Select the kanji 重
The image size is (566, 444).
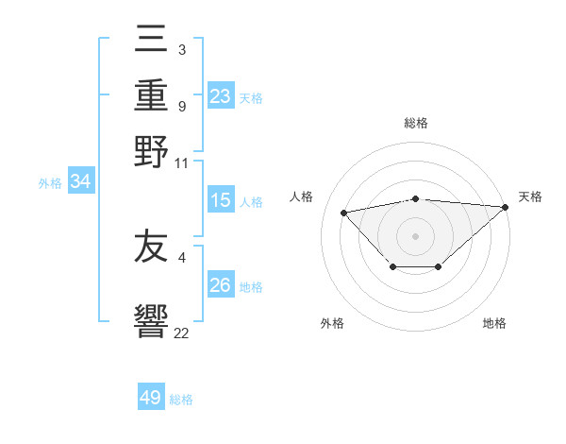(x=151, y=97)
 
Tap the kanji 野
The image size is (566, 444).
(x=151, y=151)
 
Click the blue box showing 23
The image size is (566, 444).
(x=221, y=96)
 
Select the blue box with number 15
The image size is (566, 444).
(x=221, y=200)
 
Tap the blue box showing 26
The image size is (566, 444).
(x=221, y=285)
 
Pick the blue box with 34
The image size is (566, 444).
(x=80, y=181)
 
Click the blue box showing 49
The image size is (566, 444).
(x=151, y=398)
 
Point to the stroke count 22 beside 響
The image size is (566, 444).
(x=181, y=333)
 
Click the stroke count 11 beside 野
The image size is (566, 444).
(x=181, y=163)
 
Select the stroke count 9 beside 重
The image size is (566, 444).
(x=181, y=106)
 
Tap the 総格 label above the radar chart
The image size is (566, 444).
(x=415, y=123)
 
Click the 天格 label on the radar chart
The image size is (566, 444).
(x=530, y=196)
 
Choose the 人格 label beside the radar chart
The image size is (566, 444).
(x=302, y=196)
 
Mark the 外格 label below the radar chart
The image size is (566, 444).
(x=332, y=323)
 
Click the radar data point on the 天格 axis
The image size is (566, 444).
(x=506, y=207)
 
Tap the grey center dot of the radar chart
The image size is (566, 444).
(x=415, y=235)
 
